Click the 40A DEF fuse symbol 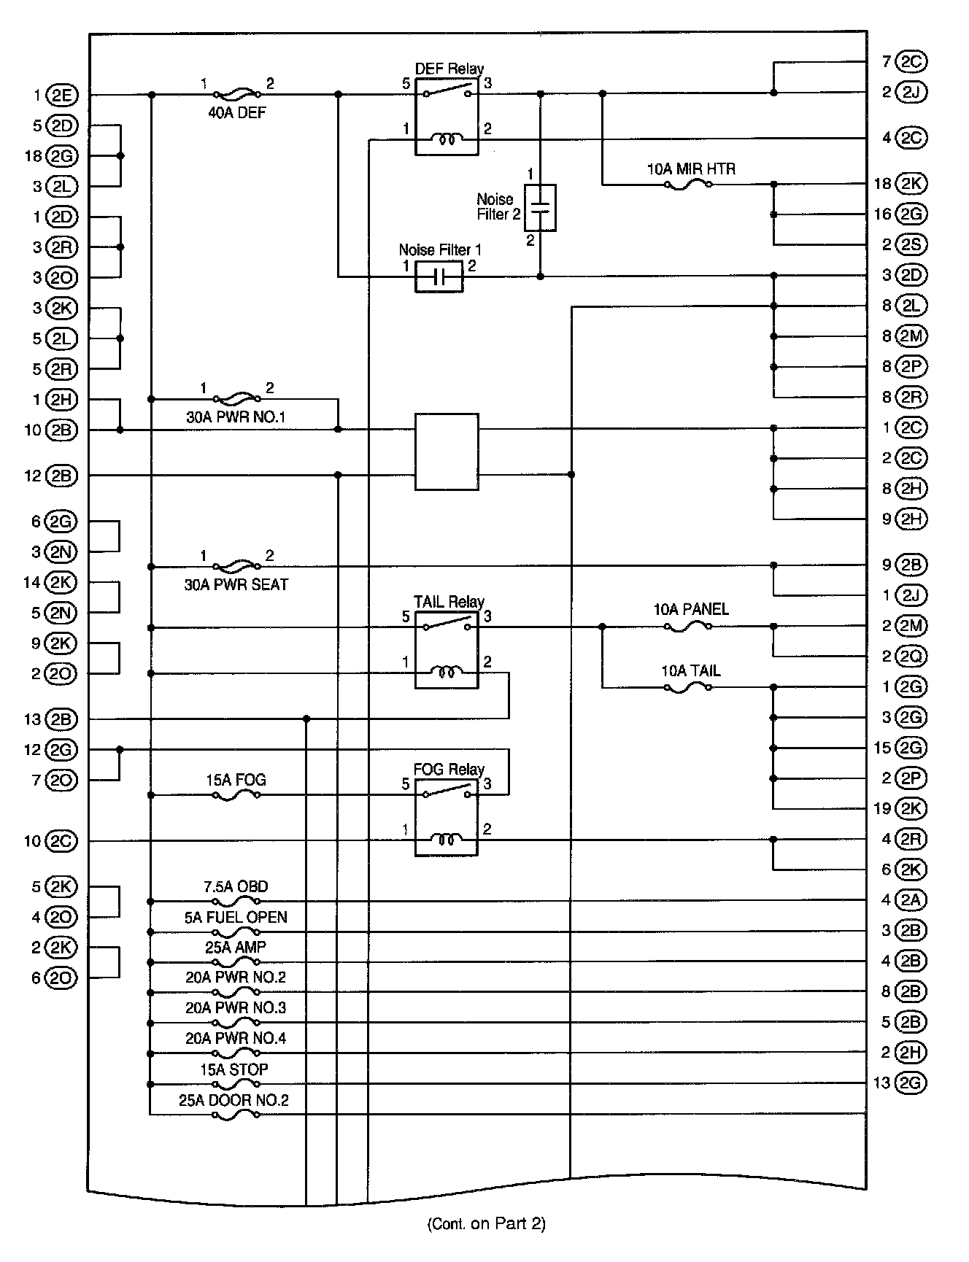pyautogui.click(x=236, y=94)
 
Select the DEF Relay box pyautogui.click(x=447, y=117)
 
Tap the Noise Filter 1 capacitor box pyautogui.click(x=439, y=277)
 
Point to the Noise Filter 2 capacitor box pyautogui.click(x=540, y=208)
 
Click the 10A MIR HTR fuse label pyautogui.click(x=691, y=169)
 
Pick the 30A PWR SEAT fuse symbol pyautogui.click(x=236, y=565)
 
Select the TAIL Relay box pyautogui.click(x=447, y=650)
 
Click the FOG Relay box pyautogui.click(x=447, y=817)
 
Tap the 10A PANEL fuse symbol pyautogui.click(x=688, y=627)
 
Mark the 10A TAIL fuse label pyautogui.click(x=691, y=671)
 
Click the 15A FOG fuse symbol pyautogui.click(x=236, y=795)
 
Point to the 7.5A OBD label pyautogui.click(x=235, y=887)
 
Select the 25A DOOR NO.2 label pyautogui.click(x=233, y=1100)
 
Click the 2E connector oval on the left pyautogui.click(x=61, y=95)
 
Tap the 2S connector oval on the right pyautogui.click(x=911, y=244)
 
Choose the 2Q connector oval pyautogui.click(x=911, y=657)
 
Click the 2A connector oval pyautogui.click(x=911, y=900)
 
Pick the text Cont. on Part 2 pyautogui.click(x=486, y=1223)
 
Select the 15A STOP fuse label pyautogui.click(x=234, y=1069)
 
